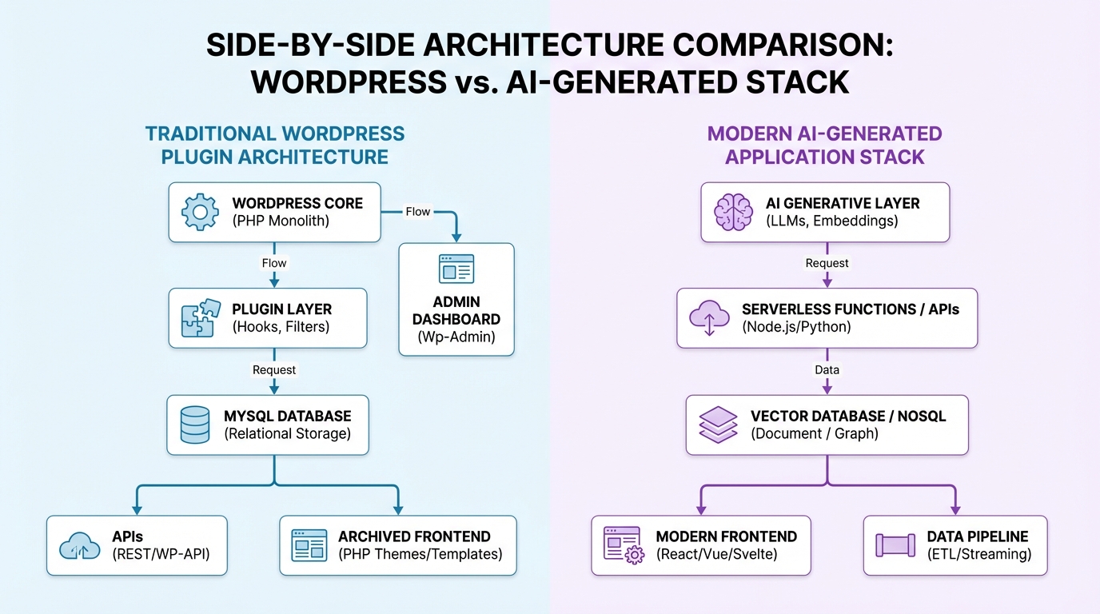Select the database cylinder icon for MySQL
(x=195, y=424)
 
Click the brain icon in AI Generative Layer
(x=732, y=212)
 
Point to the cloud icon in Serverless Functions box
(x=709, y=317)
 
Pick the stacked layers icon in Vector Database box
(x=718, y=424)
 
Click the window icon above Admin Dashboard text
(x=456, y=269)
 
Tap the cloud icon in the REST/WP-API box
(x=80, y=546)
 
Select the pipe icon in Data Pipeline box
(x=895, y=545)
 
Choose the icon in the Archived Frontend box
(x=309, y=545)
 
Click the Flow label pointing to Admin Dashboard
(x=417, y=212)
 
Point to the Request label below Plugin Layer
(x=274, y=370)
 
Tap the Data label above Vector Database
(x=827, y=370)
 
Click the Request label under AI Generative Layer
(x=827, y=263)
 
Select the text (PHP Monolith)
(x=281, y=221)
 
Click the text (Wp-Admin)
(x=456, y=337)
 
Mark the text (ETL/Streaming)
(x=979, y=554)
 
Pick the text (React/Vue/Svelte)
(x=716, y=554)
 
